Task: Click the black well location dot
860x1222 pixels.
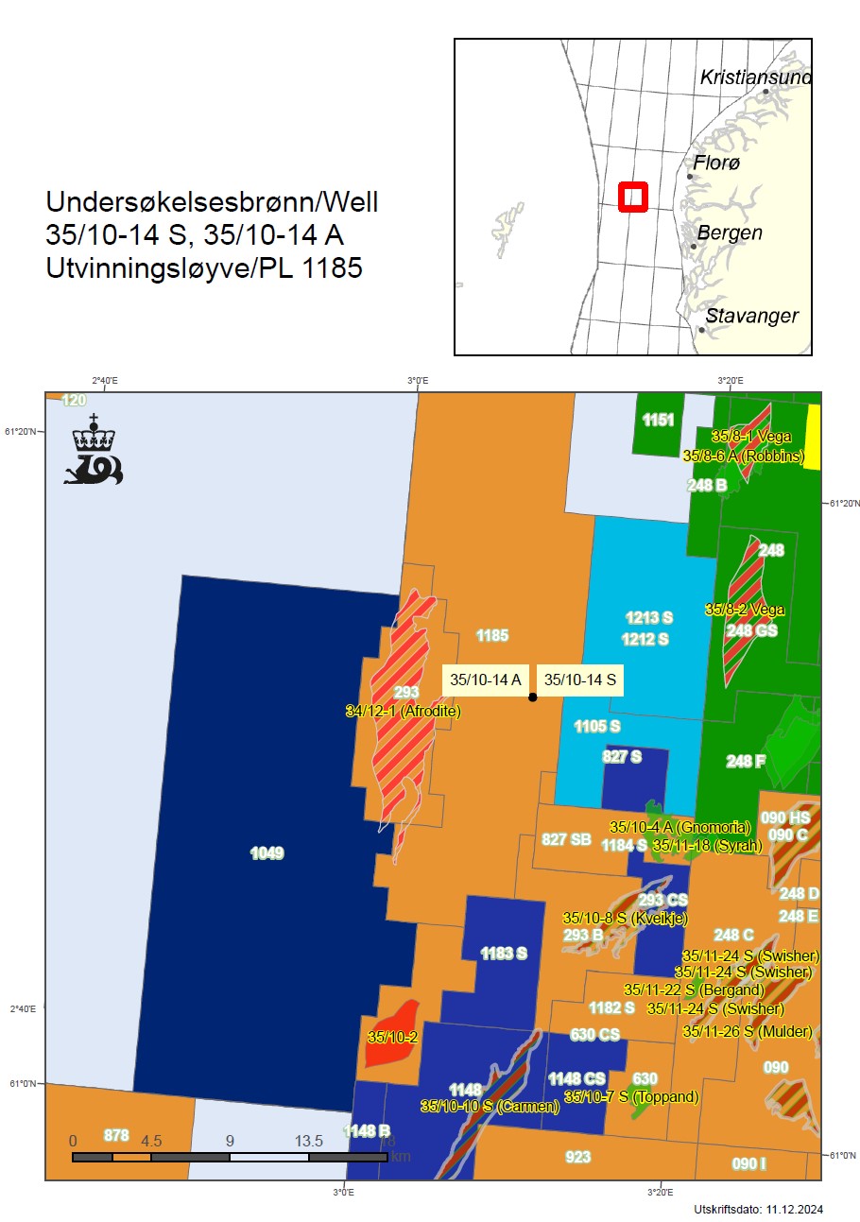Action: coord(532,697)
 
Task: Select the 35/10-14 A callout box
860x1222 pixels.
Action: coord(486,680)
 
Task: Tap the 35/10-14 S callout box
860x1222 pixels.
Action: coord(580,680)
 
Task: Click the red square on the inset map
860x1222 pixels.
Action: coord(631,197)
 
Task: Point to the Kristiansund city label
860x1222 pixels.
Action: coord(754,77)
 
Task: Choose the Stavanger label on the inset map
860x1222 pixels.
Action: coord(751,316)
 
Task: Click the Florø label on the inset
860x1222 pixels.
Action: coord(717,164)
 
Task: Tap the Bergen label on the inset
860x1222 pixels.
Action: coord(730,232)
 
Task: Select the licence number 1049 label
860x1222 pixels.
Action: coord(267,853)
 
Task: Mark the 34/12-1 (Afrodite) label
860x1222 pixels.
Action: coord(404,711)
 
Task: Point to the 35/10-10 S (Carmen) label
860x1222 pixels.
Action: coord(490,1106)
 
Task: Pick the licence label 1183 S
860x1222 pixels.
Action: coord(504,953)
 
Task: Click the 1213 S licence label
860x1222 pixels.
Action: coord(648,618)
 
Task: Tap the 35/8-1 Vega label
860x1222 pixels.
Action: coord(750,437)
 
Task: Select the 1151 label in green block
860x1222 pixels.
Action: coord(658,421)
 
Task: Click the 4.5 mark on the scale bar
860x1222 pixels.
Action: coord(151,1141)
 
